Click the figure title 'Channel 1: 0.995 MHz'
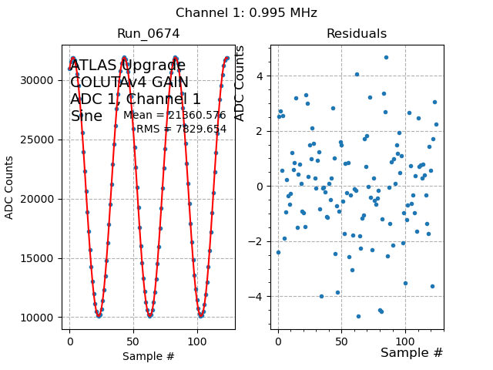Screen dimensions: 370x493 (x=246, y=13)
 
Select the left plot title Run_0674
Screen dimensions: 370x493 (x=148, y=34)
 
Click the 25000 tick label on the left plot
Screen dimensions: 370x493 (x=39, y=140)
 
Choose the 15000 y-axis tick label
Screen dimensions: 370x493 (x=39, y=258)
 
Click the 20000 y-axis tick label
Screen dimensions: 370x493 (x=39, y=199)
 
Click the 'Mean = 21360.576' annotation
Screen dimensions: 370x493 (x=175, y=116)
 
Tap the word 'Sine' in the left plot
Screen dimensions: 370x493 (x=86, y=116)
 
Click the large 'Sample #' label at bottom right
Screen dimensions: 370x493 (x=411, y=353)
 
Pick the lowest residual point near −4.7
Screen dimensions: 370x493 (x=358, y=316)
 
